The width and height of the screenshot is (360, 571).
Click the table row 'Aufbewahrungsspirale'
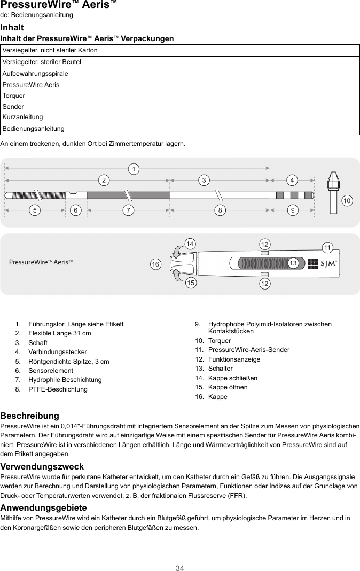coord(179,74)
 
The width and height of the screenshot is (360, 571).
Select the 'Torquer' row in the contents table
coord(179,96)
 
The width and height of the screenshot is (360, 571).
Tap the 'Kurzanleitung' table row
coord(179,117)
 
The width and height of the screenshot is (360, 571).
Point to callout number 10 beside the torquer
coord(347,201)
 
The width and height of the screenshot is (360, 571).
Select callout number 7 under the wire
coord(128,210)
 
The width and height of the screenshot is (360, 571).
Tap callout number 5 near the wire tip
coord(35,210)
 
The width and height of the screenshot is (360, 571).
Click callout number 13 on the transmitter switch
coord(293,263)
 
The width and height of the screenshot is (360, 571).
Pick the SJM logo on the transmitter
coord(322,263)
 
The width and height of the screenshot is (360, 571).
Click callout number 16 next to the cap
coord(155,264)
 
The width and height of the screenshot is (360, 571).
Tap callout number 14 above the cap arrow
coord(189,244)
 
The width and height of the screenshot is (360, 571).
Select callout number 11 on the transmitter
coord(328,247)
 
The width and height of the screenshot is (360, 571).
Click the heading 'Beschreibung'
coord(30,416)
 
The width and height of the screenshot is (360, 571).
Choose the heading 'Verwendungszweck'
coord(42,467)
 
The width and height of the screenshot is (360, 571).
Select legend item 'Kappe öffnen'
coord(228,387)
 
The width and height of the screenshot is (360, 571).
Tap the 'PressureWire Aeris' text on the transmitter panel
coord(41,262)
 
